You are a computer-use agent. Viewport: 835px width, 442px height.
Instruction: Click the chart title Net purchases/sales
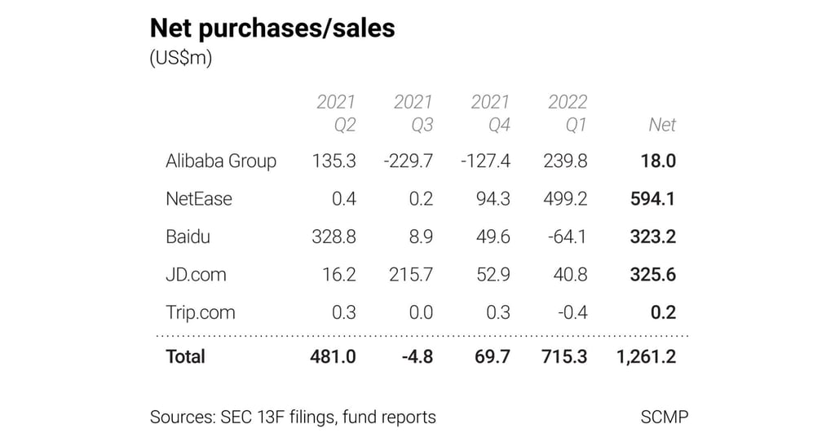point(272,29)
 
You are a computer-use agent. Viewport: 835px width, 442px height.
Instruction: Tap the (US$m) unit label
point(181,60)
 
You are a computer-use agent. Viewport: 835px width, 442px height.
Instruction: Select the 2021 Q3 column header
point(413,113)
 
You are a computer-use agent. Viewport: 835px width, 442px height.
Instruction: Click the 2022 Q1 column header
point(568,113)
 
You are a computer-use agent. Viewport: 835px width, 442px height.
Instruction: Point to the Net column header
point(662,125)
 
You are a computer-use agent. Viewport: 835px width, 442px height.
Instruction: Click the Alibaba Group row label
point(221,161)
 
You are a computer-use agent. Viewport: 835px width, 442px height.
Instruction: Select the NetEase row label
point(199,199)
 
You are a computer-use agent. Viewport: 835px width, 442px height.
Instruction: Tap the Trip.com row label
point(201,312)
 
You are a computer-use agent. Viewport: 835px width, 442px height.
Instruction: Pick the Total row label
point(186,356)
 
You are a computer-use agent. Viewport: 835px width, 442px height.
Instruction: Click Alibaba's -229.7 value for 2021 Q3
point(408,161)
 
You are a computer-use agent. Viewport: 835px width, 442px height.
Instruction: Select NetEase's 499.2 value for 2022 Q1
point(565,199)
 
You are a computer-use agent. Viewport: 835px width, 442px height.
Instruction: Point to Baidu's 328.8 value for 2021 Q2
point(334,237)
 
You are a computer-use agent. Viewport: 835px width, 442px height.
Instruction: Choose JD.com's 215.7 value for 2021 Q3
point(411,275)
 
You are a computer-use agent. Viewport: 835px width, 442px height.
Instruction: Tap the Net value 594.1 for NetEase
point(652,199)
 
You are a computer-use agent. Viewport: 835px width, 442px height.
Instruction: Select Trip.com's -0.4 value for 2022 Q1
point(571,312)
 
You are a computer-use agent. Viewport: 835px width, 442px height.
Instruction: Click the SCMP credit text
point(665,417)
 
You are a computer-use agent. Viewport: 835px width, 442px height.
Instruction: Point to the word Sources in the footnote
point(182,417)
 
